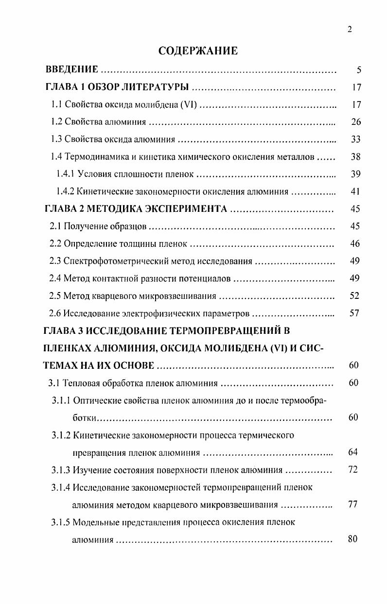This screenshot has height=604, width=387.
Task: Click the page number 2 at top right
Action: (350, 29)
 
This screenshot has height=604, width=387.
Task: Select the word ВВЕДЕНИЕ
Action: (71, 70)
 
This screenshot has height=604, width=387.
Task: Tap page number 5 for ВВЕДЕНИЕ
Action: (358, 70)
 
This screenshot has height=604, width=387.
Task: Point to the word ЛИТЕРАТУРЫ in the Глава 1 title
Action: (155, 87)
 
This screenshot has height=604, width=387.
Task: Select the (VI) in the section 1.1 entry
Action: (188, 104)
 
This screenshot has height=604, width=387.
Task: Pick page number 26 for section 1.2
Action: (356, 122)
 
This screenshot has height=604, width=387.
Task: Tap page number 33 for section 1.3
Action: (356, 139)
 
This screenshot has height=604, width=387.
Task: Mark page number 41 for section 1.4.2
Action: (355, 191)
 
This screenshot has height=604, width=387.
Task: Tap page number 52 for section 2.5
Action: (355, 296)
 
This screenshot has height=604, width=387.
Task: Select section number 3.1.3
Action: (61, 470)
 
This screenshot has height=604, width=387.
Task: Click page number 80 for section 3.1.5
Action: (353, 539)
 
